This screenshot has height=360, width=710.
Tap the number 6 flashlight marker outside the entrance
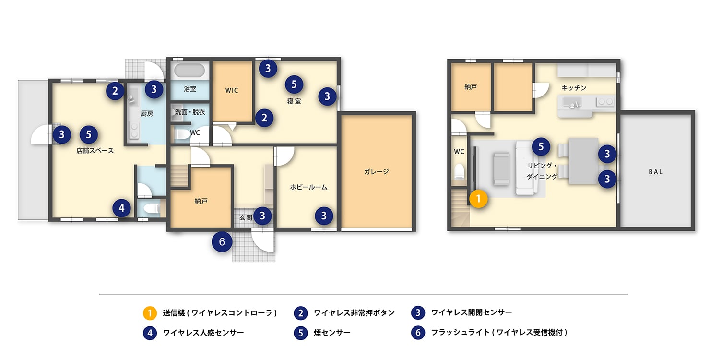pyautogui.click(x=222, y=242)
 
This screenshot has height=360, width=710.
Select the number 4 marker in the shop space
pyautogui.click(x=122, y=208)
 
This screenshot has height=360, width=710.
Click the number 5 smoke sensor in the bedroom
pyautogui.click(x=294, y=85)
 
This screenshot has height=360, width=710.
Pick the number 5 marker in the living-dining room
pyautogui.click(x=541, y=146)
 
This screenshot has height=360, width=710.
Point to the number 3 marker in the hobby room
pyautogui.click(x=324, y=216)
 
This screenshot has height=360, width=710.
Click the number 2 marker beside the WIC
pyautogui.click(x=264, y=118)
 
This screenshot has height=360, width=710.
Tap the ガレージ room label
pyautogui.click(x=376, y=171)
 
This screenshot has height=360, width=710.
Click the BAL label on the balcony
pyautogui.click(x=655, y=171)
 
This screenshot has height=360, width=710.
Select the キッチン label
pyautogui.click(x=574, y=88)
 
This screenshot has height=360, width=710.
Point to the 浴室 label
pyautogui.click(x=190, y=89)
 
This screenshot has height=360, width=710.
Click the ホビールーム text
pyautogui.click(x=308, y=187)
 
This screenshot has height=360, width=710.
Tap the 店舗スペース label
pyautogui.click(x=95, y=151)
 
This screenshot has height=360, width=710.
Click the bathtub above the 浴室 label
pyautogui.click(x=190, y=71)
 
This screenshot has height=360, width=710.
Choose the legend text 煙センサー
pyautogui.click(x=332, y=333)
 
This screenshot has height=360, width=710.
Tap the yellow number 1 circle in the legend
pyautogui.click(x=150, y=313)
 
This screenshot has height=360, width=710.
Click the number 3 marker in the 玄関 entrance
pyautogui.click(x=262, y=216)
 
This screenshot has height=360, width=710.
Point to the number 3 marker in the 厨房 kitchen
pyautogui.click(x=154, y=89)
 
